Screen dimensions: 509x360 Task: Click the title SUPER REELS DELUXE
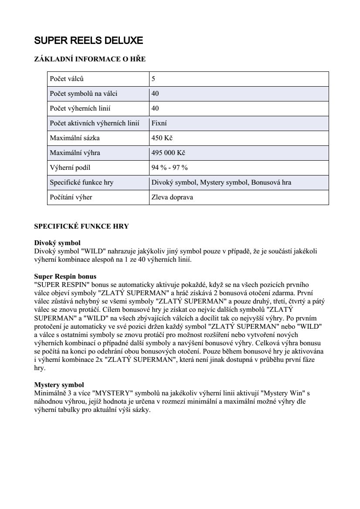point(88,41)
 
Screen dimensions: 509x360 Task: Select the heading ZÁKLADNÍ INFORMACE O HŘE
point(90,59)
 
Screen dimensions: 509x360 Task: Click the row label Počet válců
point(67,79)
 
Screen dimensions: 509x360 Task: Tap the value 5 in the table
point(153,79)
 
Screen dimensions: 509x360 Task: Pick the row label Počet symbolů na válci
point(83,94)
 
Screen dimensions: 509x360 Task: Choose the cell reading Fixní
point(159,123)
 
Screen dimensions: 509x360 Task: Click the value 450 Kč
point(162,138)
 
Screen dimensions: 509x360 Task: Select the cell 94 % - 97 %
point(170,168)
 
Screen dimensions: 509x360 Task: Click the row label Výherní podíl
point(70,168)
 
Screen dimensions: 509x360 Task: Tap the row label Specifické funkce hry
point(82,182)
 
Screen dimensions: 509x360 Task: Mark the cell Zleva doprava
point(172,197)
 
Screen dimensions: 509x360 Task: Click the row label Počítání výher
point(71,197)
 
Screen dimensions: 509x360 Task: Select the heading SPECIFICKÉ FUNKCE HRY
point(82,227)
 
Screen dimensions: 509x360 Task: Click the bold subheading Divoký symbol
point(57,242)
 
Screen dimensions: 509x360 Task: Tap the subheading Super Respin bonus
point(65,276)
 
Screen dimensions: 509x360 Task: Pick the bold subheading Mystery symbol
point(59,385)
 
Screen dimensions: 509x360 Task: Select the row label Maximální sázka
point(72,138)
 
